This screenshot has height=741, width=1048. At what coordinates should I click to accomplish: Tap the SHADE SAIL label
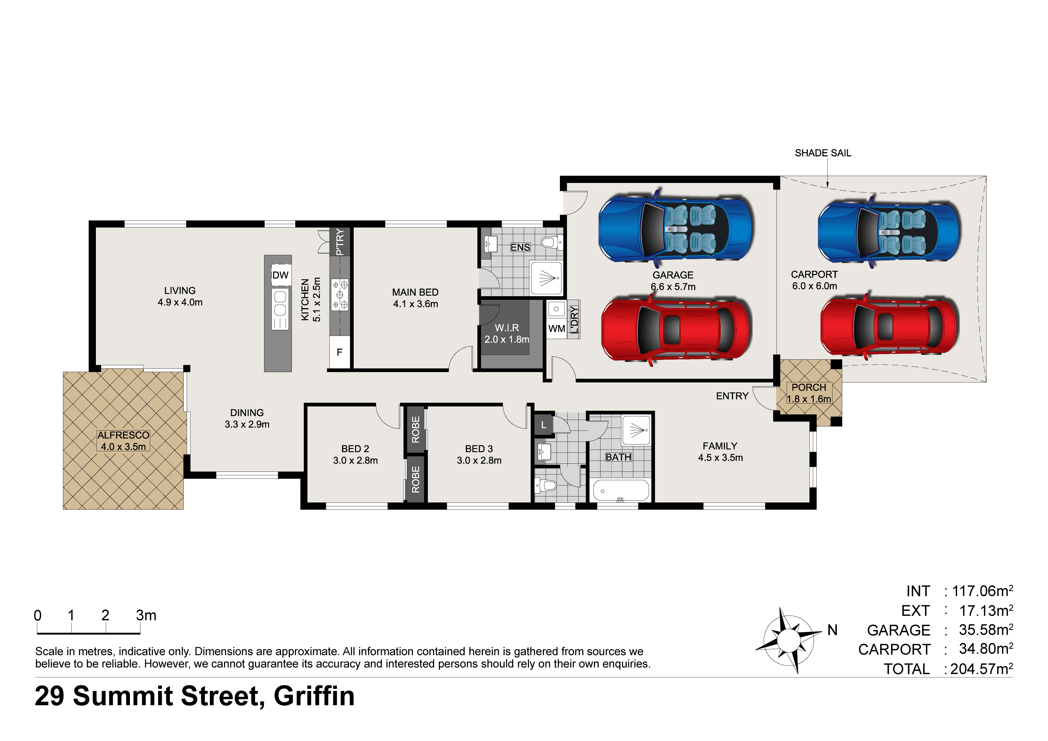[823, 153]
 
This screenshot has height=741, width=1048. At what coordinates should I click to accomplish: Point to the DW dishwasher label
[280, 275]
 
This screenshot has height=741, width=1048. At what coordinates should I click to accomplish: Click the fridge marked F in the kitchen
[340, 352]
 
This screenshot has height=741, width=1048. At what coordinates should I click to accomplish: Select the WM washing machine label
[556, 328]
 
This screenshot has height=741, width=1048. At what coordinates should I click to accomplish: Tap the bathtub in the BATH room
[621, 491]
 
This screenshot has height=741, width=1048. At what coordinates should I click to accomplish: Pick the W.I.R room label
[507, 328]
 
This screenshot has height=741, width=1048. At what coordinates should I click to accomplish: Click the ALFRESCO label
[123, 435]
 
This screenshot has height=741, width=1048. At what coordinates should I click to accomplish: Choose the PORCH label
[809, 387]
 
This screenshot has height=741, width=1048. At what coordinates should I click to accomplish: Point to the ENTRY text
[732, 396]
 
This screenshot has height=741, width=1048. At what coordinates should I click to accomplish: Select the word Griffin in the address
[314, 696]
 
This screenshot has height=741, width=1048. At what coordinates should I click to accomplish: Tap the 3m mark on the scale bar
[146, 615]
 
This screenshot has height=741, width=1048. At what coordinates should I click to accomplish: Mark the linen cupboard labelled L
[543, 425]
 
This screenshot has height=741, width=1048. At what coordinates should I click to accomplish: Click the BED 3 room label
[479, 449]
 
